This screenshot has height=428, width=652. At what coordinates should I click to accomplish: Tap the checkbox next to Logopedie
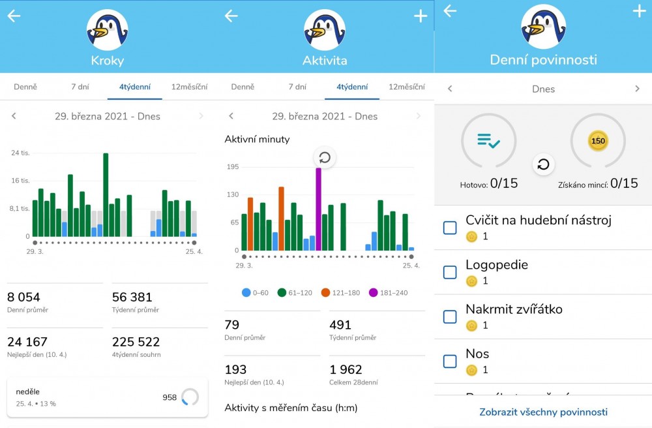click(450, 272)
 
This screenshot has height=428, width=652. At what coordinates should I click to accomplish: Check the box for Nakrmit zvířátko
click(450, 316)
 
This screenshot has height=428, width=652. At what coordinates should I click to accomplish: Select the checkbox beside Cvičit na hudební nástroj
click(450, 228)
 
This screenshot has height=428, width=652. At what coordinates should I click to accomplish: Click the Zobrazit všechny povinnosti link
click(543, 412)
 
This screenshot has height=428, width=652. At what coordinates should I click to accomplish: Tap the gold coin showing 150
click(597, 141)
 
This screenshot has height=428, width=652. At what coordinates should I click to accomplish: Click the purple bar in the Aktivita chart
click(319, 209)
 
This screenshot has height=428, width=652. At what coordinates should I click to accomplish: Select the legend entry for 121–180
click(342, 293)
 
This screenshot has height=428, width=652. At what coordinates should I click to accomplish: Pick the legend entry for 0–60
click(256, 293)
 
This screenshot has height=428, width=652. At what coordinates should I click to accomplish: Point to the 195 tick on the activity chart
click(232, 167)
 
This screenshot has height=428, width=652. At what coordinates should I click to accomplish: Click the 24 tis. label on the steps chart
click(20, 153)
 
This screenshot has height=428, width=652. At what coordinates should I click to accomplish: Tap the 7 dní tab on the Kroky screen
click(80, 87)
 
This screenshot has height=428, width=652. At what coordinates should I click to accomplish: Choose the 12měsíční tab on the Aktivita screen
click(406, 87)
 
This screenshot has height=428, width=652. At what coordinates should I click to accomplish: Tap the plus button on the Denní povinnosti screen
click(638, 11)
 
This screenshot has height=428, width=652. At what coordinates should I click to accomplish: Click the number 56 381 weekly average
click(132, 298)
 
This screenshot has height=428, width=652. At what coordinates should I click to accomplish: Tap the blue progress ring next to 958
click(190, 397)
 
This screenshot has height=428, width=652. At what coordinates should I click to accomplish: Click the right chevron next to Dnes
click(637, 89)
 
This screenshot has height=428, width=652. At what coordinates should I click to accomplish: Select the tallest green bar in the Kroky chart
click(106, 194)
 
